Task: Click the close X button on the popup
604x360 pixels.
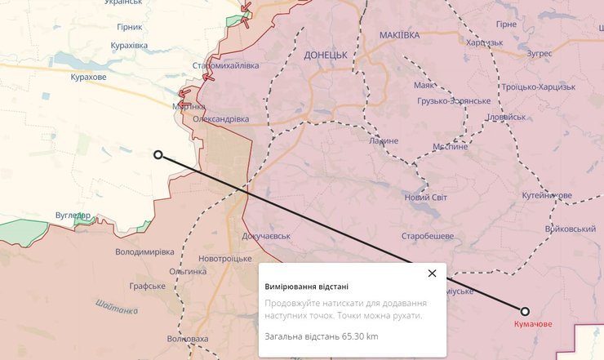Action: (x=432, y=273)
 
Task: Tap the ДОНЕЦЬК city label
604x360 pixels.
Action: (x=325, y=55)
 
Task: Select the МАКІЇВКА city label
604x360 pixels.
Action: (x=400, y=35)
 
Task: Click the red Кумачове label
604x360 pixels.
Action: (x=532, y=324)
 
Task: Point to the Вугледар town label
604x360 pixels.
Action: (x=73, y=216)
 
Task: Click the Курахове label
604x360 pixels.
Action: (x=88, y=77)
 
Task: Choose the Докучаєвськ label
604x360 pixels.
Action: (x=267, y=236)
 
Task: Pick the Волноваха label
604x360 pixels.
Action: (x=187, y=339)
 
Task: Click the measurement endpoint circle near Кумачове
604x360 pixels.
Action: (x=525, y=311)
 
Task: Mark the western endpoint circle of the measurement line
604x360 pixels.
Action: (x=158, y=154)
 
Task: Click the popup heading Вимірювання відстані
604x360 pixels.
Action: (x=306, y=287)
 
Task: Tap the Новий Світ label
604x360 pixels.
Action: (x=427, y=198)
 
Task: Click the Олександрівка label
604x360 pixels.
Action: (x=221, y=119)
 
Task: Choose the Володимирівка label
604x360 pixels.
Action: (x=145, y=251)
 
